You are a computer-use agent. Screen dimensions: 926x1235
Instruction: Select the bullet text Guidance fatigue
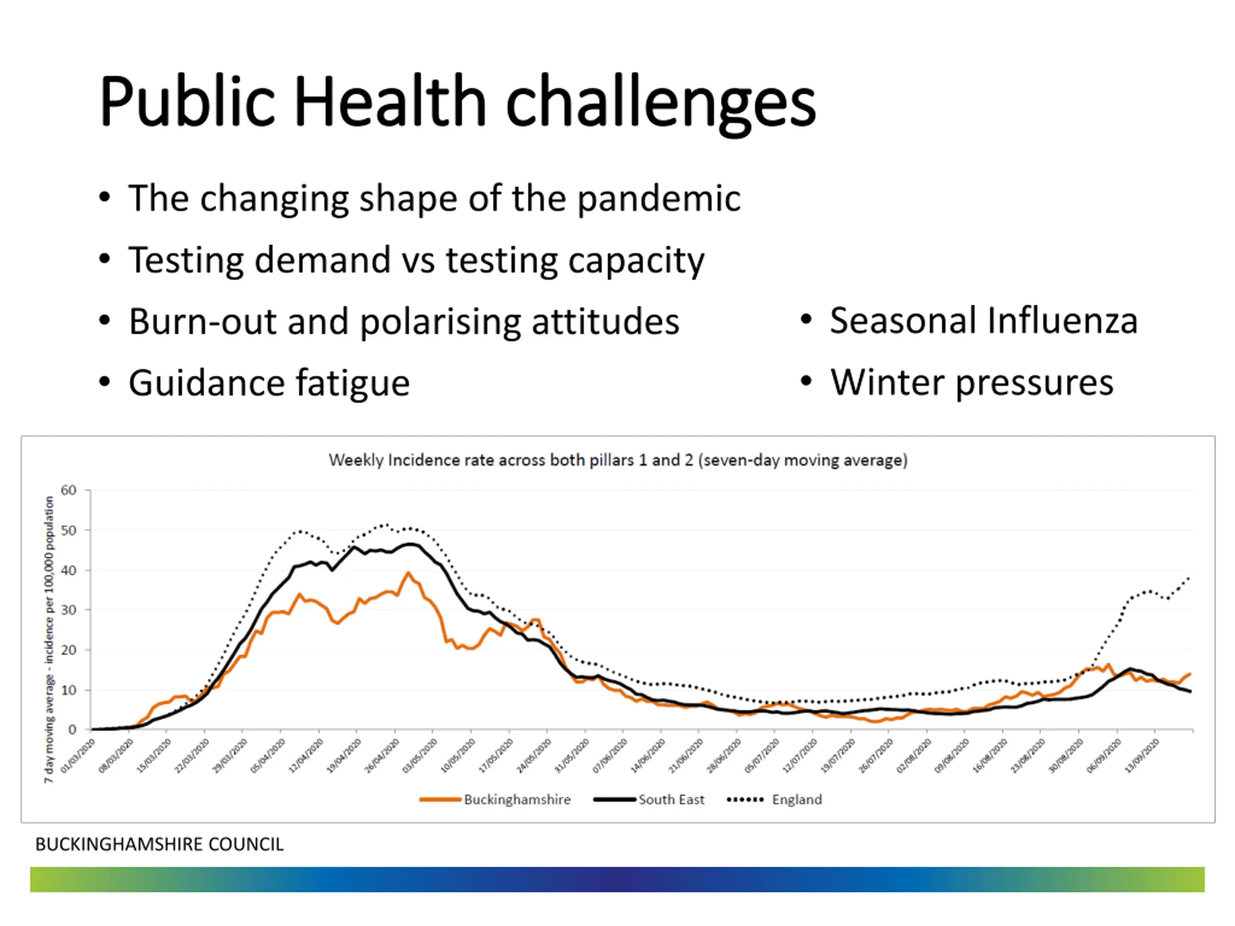click(269, 383)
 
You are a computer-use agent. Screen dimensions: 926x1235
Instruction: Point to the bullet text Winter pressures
click(972, 383)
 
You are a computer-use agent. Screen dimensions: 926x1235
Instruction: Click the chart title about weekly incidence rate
click(618, 461)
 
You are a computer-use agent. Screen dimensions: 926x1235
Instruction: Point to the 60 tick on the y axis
click(69, 490)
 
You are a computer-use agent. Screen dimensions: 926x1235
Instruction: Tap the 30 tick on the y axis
click(69, 610)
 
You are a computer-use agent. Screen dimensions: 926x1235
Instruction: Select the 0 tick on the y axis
click(72, 730)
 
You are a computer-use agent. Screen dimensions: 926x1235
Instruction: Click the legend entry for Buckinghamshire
click(517, 799)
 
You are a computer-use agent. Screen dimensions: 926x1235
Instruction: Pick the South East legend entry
click(671, 799)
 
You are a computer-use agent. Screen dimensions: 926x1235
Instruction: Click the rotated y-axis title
click(50, 639)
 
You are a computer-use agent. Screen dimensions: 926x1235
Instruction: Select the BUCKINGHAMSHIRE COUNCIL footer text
click(160, 844)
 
